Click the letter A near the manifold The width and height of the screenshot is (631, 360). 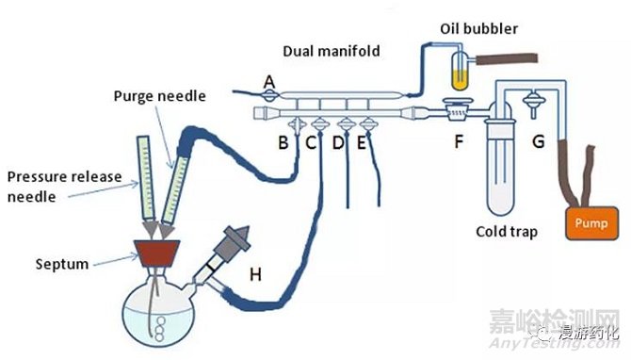coord(268,83)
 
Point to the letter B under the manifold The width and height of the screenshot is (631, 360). coord(282,143)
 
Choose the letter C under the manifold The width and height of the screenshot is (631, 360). coord(310,143)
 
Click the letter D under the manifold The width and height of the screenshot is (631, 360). coord(338,143)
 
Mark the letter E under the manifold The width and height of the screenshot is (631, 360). coord(362,143)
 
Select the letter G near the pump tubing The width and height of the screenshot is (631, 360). coord(539,144)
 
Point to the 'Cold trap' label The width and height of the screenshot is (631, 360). coord(507,231)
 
